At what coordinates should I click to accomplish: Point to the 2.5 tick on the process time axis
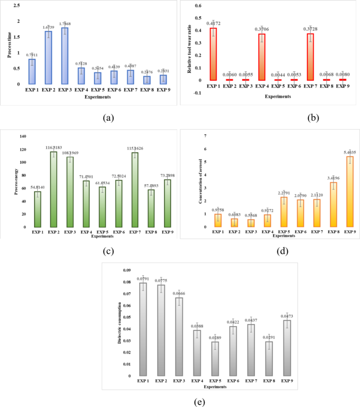(17, 5)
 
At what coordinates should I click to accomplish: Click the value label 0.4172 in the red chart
(214, 24)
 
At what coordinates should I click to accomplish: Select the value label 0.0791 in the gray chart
(143, 279)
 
